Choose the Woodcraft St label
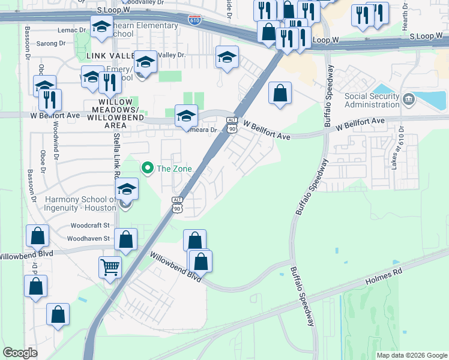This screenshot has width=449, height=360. point(90,226)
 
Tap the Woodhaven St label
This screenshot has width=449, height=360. point(89,238)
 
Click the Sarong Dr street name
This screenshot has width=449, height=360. point(50,44)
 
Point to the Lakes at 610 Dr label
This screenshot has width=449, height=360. point(395,150)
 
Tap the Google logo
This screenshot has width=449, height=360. point(20,353)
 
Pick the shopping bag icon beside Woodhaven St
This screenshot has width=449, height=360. point(126,240)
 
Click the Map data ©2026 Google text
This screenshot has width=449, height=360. point(411,355)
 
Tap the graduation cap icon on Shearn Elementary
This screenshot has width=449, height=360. point(101,26)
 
